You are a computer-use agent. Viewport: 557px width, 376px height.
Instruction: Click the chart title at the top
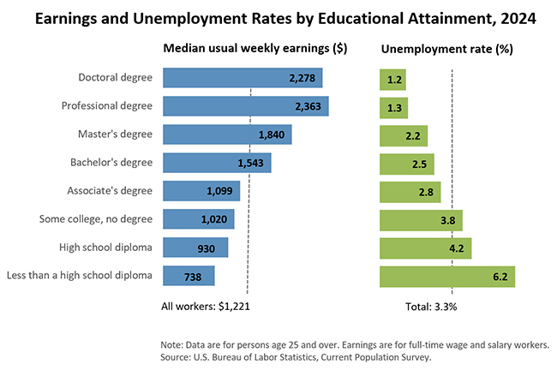[x=278, y=17]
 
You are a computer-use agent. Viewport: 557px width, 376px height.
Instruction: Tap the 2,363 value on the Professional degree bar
[x=306, y=106]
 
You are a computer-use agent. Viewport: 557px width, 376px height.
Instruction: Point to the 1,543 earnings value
[x=254, y=163]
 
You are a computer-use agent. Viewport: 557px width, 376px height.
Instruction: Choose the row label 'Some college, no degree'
[x=96, y=218]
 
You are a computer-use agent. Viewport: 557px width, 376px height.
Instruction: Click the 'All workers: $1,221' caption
[x=206, y=304]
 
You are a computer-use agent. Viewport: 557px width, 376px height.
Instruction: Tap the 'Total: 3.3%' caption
[x=432, y=304]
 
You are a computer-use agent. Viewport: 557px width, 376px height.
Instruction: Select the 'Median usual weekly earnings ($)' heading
[x=255, y=49]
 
